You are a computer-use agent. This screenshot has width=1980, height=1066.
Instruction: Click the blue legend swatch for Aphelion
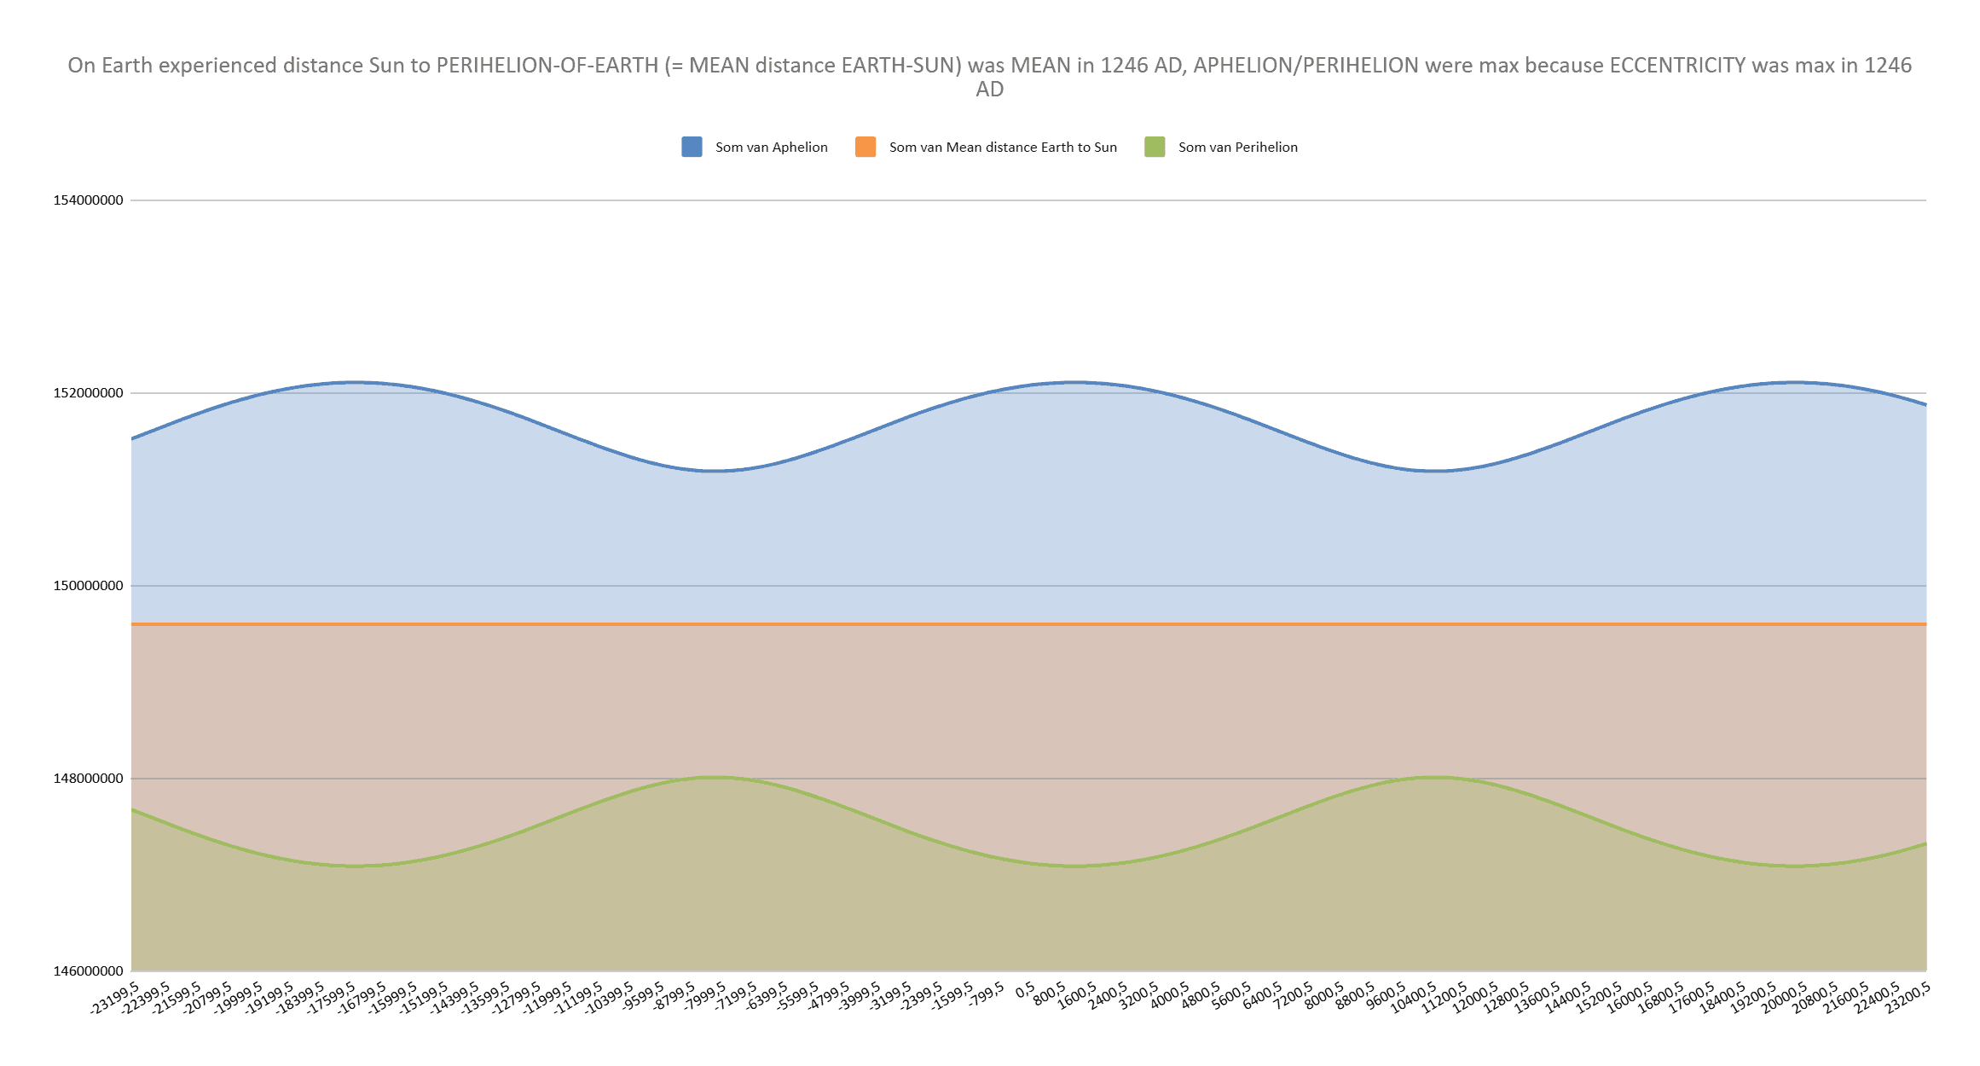692,147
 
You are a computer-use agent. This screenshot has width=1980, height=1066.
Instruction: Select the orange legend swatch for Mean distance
866,147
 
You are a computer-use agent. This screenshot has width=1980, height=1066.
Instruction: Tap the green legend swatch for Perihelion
1155,147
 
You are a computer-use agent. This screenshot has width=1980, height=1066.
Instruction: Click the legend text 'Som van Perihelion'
1237,147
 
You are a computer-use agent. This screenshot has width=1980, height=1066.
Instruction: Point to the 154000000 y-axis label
88,200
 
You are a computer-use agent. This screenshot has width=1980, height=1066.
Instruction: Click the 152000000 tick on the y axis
88,393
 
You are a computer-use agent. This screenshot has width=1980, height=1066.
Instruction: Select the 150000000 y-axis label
88,586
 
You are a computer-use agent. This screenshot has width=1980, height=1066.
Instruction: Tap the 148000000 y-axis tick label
88,779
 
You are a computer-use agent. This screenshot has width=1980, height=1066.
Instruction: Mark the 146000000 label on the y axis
88,971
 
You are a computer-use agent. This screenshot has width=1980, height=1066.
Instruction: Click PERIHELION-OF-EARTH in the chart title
547,66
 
